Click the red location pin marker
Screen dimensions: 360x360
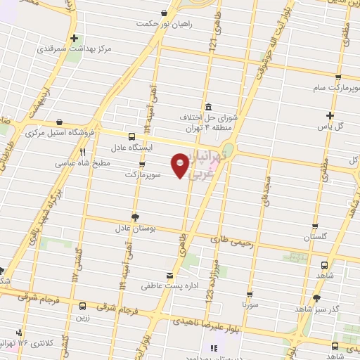(x=181, y=166)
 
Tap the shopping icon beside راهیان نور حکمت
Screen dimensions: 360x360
(x=164, y=13)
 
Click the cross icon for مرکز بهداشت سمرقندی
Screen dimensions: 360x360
(x=74, y=39)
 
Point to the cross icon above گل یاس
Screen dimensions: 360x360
(x=330, y=115)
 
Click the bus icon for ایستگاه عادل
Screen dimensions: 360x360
(x=131, y=137)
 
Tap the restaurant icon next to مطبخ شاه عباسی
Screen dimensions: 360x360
(x=83, y=152)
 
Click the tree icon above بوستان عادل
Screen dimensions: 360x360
(x=135, y=217)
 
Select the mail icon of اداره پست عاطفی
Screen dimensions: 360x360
(x=167, y=275)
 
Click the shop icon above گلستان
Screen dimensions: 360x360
(x=316, y=226)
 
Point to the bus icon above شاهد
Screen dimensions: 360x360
(x=324, y=266)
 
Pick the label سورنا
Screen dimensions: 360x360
(x=250, y=307)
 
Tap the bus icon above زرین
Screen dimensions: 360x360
(x=82, y=305)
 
